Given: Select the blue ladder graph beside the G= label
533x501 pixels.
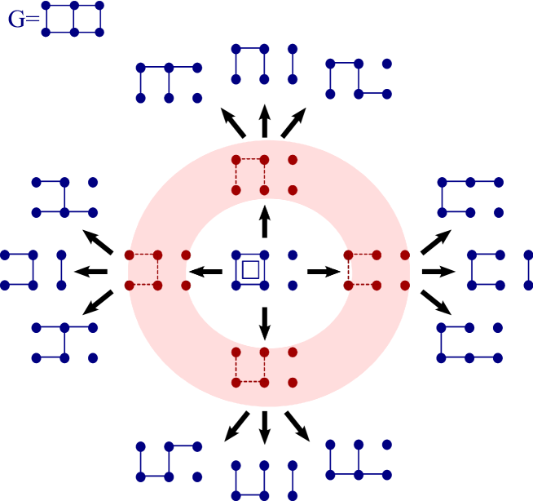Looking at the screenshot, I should [x=73, y=19].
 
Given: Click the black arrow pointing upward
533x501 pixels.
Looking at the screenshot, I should [x=264, y=221].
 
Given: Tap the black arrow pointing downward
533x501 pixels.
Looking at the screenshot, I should [x=264, y=322].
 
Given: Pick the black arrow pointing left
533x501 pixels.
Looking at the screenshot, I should [x=205, y=271].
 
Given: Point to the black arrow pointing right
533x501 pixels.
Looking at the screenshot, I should [x=324, y=271].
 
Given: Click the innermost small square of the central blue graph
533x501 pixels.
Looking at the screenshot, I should [x=250, y=269].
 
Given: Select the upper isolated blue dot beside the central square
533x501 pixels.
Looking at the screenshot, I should [x=293, y=255].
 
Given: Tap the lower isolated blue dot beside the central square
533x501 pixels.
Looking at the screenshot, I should [x=293, y=286].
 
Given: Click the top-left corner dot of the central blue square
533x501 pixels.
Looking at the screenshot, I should [x=236, y=255].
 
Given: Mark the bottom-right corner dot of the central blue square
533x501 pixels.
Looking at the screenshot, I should [x=264, y=286].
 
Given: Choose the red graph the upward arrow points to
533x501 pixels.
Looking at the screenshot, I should [x=264, y=175].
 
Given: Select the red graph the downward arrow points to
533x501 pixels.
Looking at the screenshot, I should [x=264, y=367].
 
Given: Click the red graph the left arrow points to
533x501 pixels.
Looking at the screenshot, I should [x=157, y=270].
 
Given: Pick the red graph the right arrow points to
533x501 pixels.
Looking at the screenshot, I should [x=377, y=270].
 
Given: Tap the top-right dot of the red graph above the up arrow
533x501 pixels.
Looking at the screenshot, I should [x=293, y=160].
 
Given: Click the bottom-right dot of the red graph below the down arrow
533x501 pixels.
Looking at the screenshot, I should [x=293, y=382].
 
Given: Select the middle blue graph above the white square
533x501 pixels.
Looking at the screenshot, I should [x=264, y=64].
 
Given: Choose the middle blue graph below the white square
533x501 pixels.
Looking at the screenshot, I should [x=264, y=480].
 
